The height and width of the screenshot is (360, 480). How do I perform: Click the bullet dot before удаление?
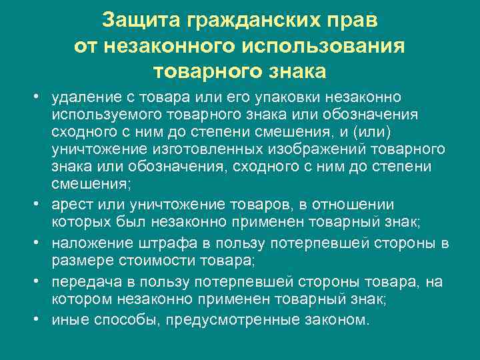click(39, 99)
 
